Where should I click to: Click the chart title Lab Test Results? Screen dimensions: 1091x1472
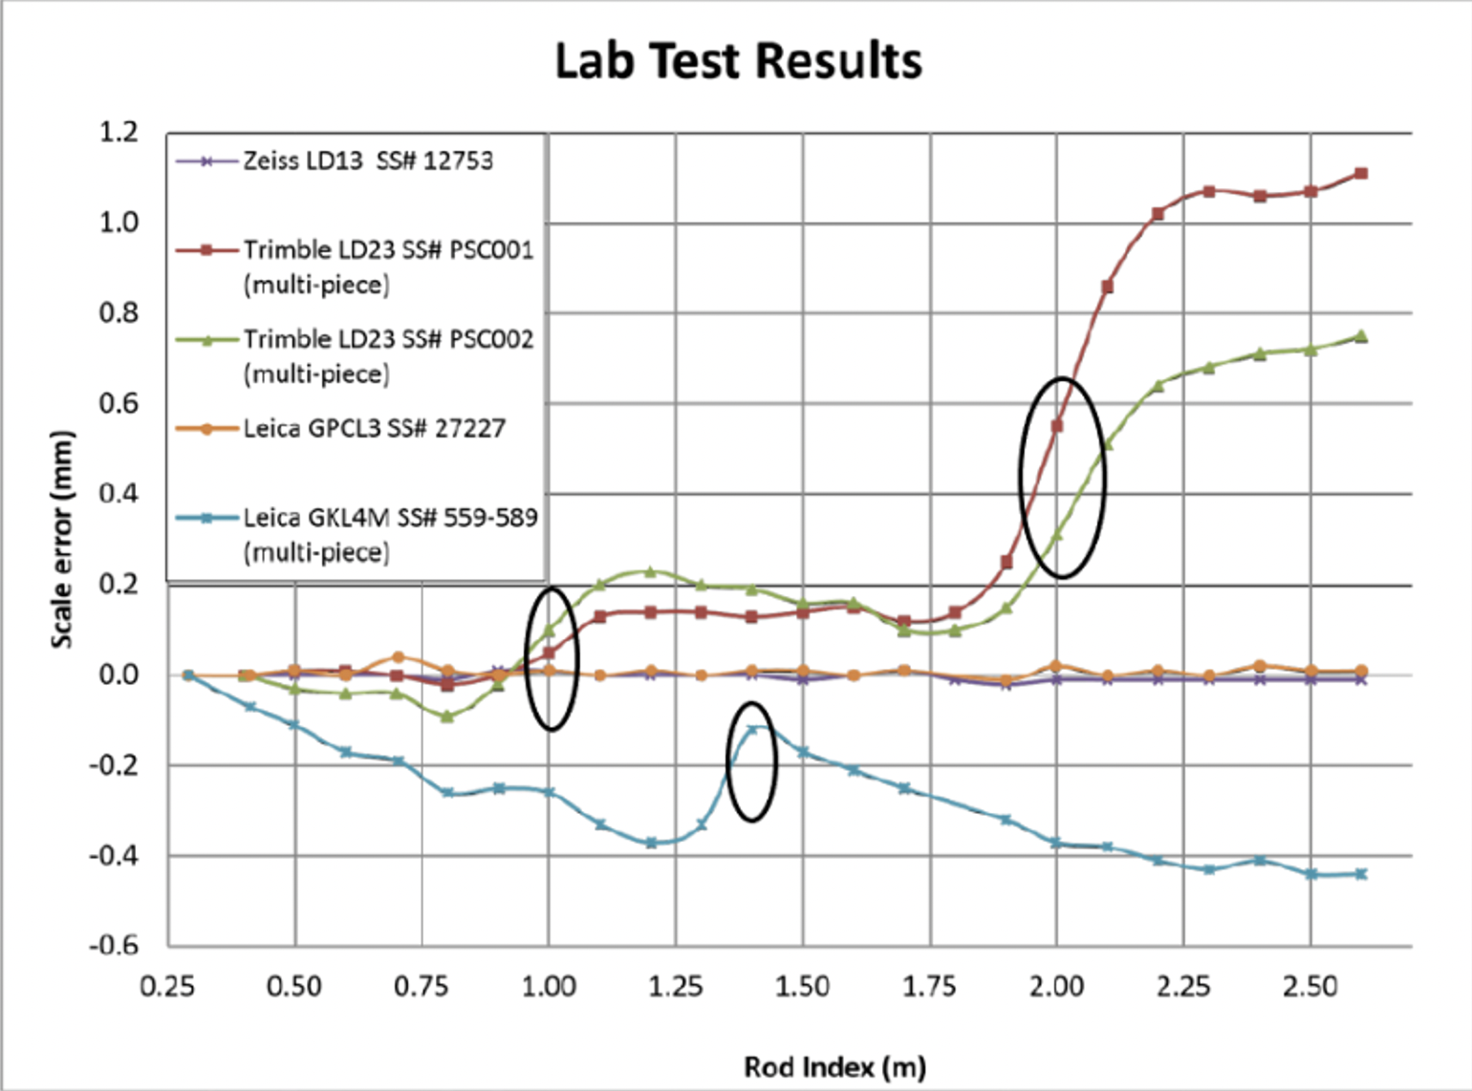pyautogui.click(x=738, y=61)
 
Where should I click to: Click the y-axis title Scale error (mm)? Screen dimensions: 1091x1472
pyautogui.click(x=62, y=540)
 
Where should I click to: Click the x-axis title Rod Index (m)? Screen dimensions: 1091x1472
pyautogui.click(x=834, y=1066)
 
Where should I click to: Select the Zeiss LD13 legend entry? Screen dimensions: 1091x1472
pyautogui.click(x=367, y=160)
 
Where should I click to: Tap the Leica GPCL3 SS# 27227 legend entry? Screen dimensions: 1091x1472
pyautogui.click(x=374, y=428)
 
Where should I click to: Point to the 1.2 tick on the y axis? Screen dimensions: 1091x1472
pyautogui.click(x=119, y=132)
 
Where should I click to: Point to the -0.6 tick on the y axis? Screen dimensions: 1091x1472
pyautogui.click(x=114, y=946)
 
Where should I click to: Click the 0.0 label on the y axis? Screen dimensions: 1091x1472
pyautogui.click(x=119, y=674)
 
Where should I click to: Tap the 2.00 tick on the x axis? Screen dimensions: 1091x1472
pyautogui.click(x=1056, y=986)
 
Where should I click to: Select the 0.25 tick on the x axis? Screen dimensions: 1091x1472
pyautogui.click(x=167, y=986)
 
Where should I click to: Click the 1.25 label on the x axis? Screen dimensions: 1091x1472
pyautogui.click(x=676, y=986)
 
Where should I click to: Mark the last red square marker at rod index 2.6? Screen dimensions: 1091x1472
pyautogui.click(x=1361, y=174)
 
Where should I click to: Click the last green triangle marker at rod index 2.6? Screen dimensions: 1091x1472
pyautogui.click(x=1361, y=335)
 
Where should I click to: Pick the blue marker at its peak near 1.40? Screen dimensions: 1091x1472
pyautogui.click(x=752, y=730)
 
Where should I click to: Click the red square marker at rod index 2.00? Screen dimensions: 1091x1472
pyautogui.click(x=1057, y=426)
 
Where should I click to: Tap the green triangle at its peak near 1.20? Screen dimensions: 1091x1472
pyautogui.click(x=650, y=572)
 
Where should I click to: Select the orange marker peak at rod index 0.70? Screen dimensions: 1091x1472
pyautogui.click(x=399, y=657)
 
